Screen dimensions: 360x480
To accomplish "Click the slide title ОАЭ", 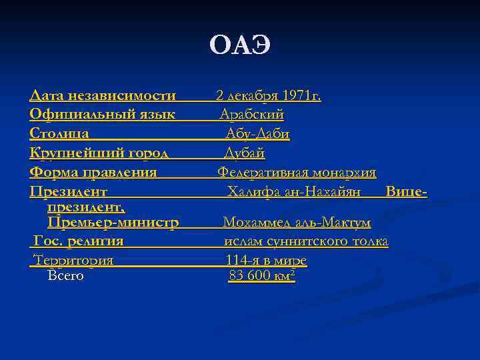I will [240, 45].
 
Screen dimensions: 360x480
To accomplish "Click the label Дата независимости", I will [103, 96].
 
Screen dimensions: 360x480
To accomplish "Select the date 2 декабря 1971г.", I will [268, 96].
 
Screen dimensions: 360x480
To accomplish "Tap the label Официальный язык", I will [103, 115].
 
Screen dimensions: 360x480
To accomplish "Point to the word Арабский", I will [252, 115].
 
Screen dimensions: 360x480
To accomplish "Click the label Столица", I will [59, 134].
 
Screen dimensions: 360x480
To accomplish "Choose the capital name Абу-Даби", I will [257, 134].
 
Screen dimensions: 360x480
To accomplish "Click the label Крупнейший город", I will [99, 153].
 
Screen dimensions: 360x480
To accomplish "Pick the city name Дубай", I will [244, 153].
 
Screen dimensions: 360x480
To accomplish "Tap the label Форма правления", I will [93, 173].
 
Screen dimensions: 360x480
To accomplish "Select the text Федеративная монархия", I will [297, 173].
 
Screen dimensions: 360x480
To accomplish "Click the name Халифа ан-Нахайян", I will [294, 192].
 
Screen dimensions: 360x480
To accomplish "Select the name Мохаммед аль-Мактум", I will [297, 222].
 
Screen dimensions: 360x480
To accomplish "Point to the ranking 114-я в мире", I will [266, 260].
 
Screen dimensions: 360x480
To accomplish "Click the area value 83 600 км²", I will [261, 275].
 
